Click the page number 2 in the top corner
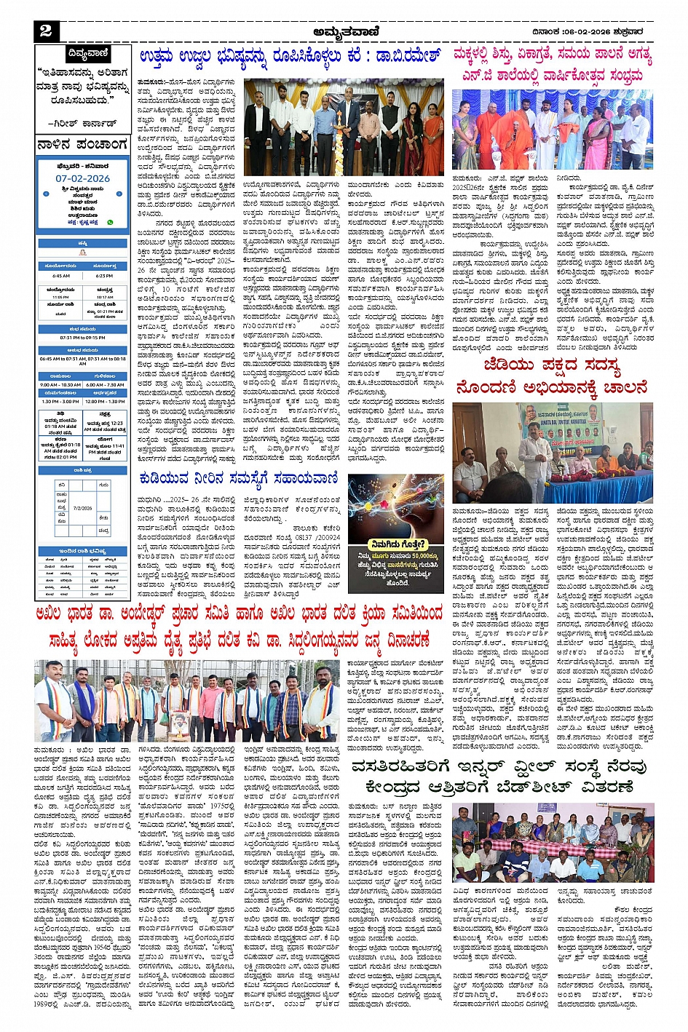46,31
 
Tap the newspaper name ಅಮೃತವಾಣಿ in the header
347,31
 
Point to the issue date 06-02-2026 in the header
578,31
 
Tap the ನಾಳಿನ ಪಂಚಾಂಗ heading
82,145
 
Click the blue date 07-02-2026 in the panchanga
82,178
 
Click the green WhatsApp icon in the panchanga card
111,222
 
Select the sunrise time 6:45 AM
61,276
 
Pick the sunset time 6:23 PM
104,276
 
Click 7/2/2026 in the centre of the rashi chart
83,508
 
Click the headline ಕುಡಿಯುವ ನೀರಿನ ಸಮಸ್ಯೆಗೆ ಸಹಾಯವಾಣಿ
239,478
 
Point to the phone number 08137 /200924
316,538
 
